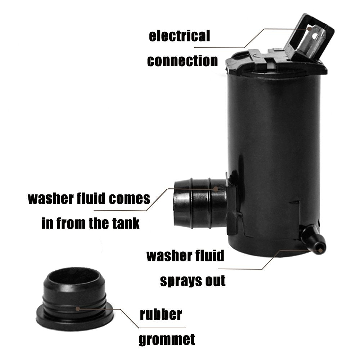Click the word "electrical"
[x=179, y=36]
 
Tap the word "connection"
[x=182, y=61]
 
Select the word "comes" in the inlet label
[x=130, y=199]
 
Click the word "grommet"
[x=167, y=339]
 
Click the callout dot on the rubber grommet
[x=78, y=309]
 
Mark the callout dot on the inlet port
[x=216, y=189]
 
